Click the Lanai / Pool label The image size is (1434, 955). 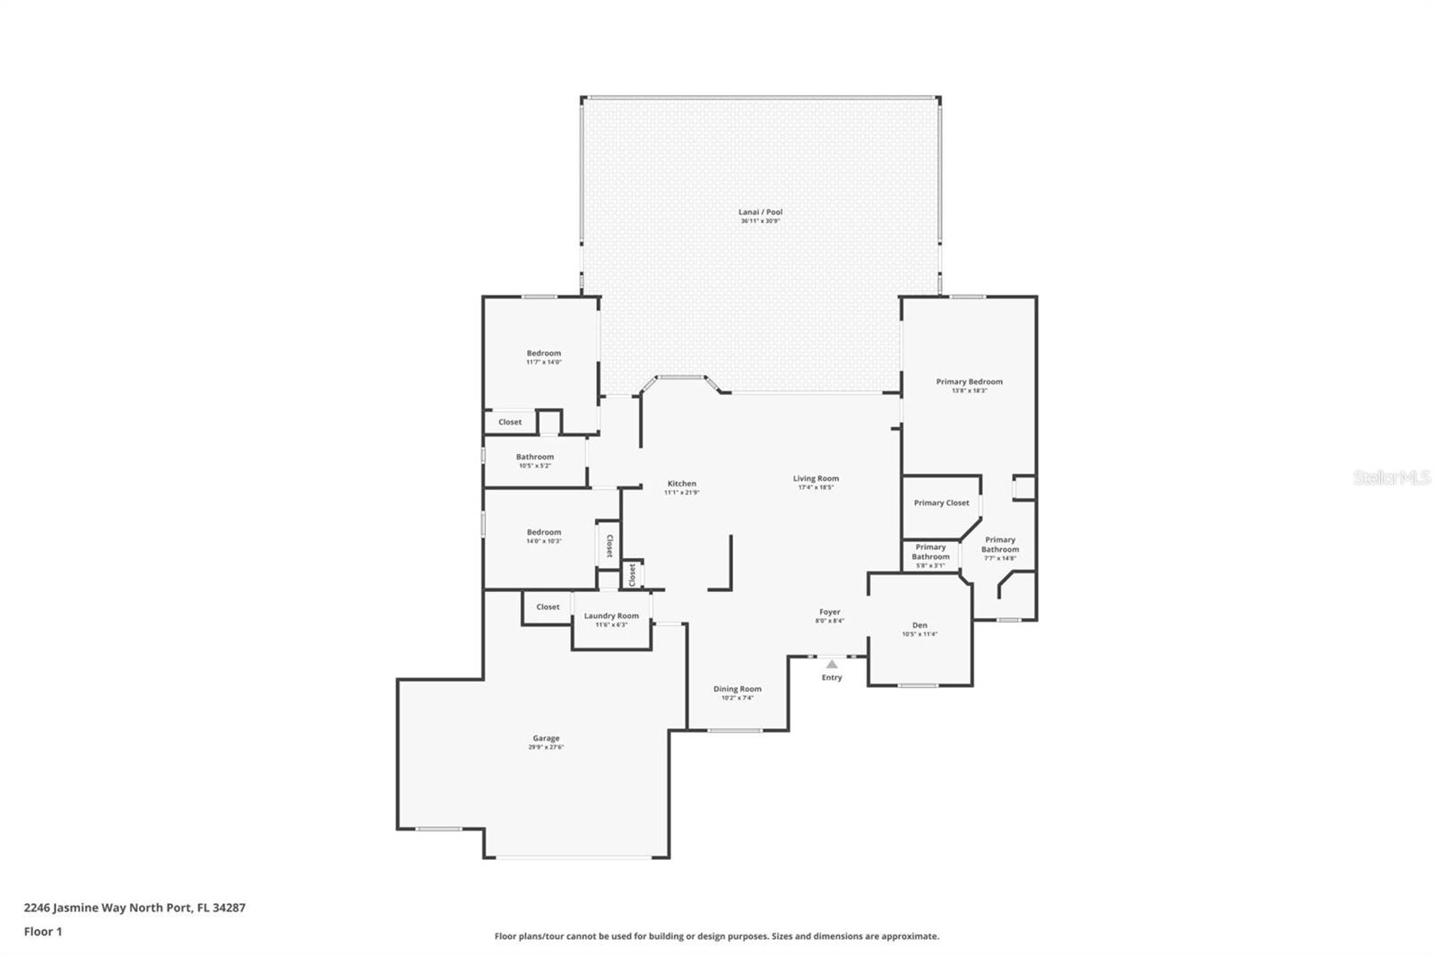(760, 212)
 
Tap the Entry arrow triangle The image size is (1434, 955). (832, 664)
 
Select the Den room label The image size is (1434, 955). (920, 625)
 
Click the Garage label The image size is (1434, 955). (546, 738)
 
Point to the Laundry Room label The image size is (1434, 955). (611, 615)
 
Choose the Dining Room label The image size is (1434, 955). (737, 689)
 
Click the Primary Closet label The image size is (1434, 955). (941, 503)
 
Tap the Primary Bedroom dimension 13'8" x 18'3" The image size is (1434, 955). (969, 391)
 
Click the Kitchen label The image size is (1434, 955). (681, 484)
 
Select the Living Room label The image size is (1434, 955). (816, 478)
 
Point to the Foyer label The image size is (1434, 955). (829, 612)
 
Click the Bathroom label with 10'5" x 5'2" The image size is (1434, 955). (534, 457)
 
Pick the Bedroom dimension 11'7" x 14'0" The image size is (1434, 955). (543, 362)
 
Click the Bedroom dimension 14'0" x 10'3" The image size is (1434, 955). (543, 541)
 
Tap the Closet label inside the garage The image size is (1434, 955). (548, 607)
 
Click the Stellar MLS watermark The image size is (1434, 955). (1391, 477)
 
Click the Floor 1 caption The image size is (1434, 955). (43, 932)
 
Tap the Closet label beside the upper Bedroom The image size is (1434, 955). (510, 422)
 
